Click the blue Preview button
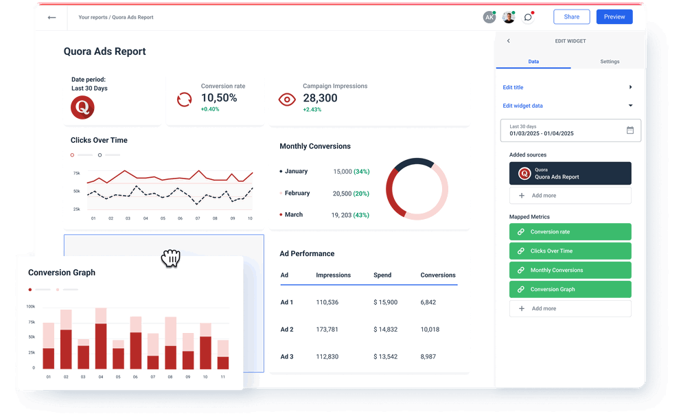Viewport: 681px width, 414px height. point(614,16)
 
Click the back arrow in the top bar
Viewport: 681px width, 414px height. point(51,17)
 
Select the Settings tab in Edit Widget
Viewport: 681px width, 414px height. point(610,62)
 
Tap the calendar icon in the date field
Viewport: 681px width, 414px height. point(630,130)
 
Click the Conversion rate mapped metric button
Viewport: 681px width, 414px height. point(570,232)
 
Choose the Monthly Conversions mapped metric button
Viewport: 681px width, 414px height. point(570,271)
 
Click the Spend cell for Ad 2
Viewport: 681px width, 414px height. point(385,330)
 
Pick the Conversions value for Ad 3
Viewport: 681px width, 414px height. point(428,356)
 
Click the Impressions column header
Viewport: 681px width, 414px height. point(333,275)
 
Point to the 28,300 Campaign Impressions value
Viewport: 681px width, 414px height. point(320,98)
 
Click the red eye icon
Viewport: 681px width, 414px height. point(286,100)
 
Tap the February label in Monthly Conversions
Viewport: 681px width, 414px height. point(297,194)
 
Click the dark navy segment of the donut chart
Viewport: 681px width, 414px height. point(413,163)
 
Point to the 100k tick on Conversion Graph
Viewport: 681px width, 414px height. point(31,307)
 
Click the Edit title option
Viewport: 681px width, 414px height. point(513,88)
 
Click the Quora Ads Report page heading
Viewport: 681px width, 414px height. point(104,51)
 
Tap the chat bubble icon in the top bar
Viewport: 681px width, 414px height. point(527,17)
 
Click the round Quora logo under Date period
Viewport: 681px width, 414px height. point(82,107)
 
